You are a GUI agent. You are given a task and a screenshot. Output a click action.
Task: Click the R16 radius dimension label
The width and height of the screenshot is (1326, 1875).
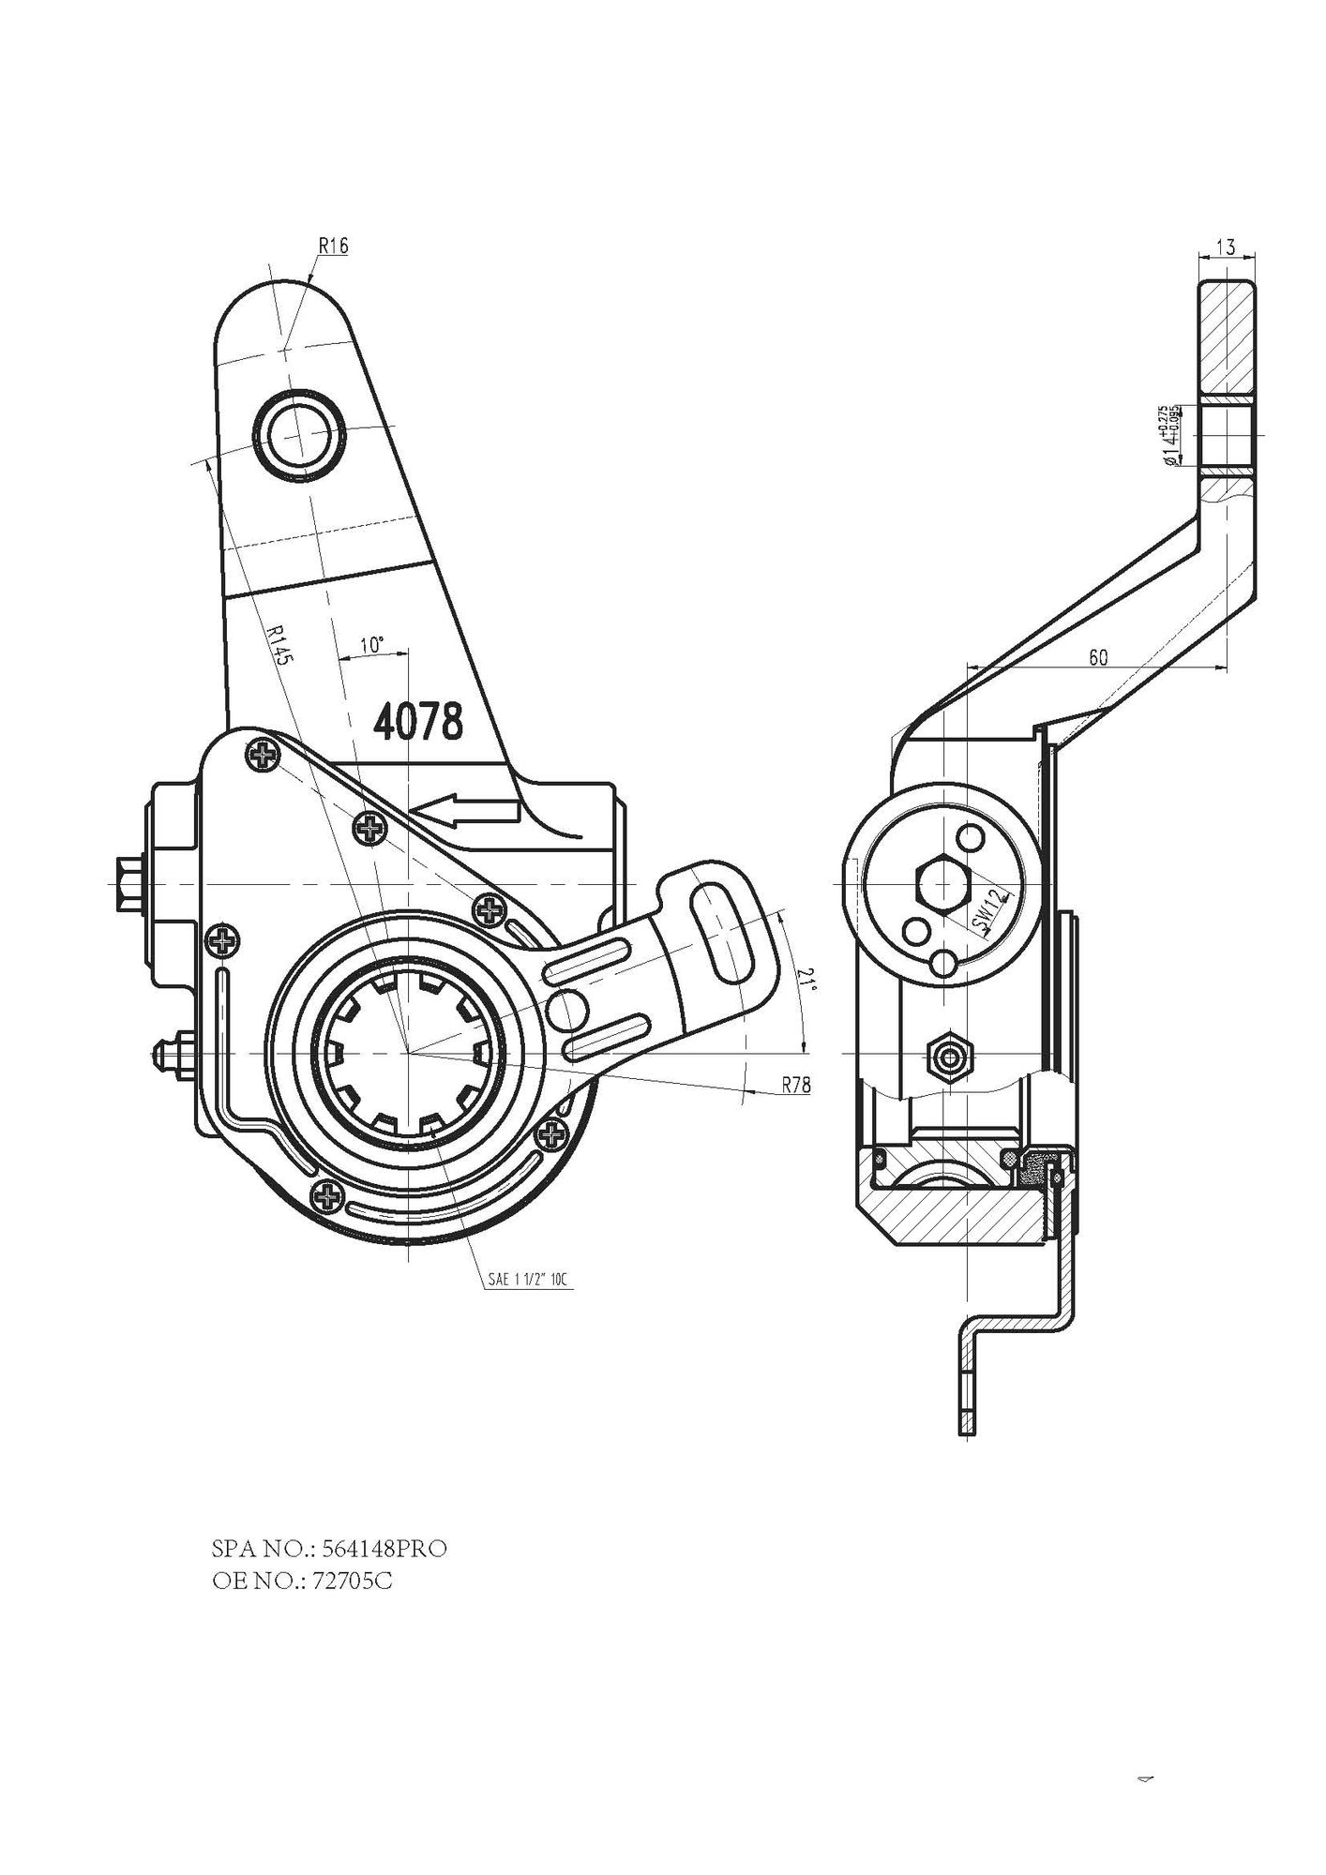click(333, 246)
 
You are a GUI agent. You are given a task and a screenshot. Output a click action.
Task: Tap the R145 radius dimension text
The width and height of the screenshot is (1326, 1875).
click(279, 645)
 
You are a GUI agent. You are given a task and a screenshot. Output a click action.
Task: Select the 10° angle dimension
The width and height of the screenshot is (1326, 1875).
click(372, 645)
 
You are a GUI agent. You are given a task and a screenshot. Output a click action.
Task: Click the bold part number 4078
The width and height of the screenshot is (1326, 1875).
click(418, 722)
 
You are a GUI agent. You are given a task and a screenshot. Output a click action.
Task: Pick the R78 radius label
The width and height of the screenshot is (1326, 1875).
click(796, 1086)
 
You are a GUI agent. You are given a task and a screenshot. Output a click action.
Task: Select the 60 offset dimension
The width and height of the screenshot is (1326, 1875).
click(1097, 657)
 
